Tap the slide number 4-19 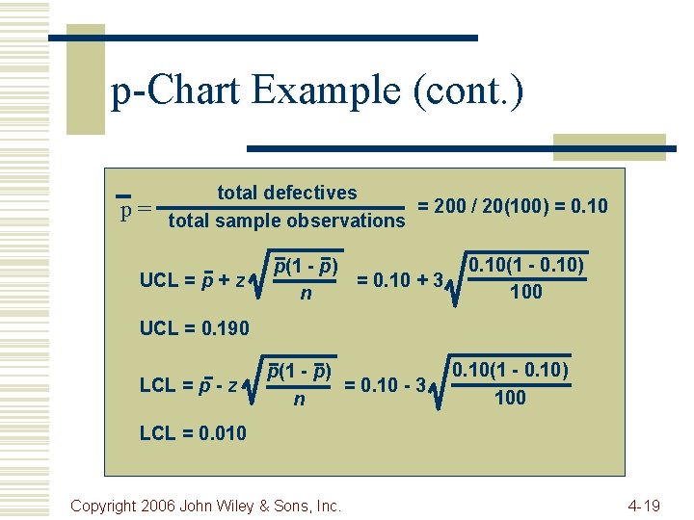pyautogui.click(x=644, y=505)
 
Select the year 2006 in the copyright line pyautogui.click(x=161, y=505)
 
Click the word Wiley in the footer pyautogui.click(x=249, y=505)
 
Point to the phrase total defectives pyautogui.click(x=286, y=193)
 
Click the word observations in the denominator pyautogui.click(x=344, y=221)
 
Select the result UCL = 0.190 pyautogui.click(x=194, y=328)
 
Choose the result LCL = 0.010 pyautogui.click(x=193, y=433)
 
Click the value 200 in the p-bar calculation pyautogui.click(x=452, y=206)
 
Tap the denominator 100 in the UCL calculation pyautogui.click(x=525, y=292)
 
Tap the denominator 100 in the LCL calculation pyautogui.click(x=510, y=397)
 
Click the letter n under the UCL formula pyautogui.click(x=306, y=293)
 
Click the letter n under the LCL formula pyautogui.click(x=299, y=397)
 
